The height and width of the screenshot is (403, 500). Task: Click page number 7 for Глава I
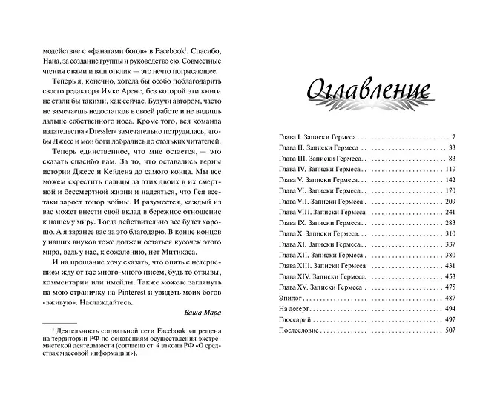(452, 138)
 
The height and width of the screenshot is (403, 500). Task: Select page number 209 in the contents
(447, 200)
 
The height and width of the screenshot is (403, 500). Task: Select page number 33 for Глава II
(450, 150)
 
